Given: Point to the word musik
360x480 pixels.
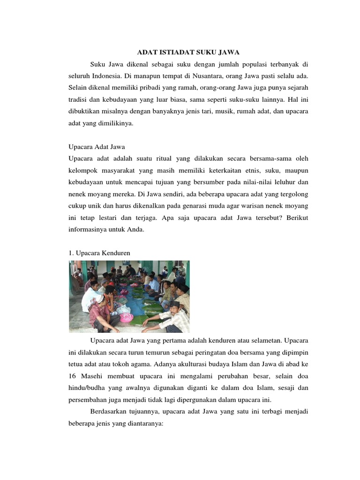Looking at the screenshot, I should coord(215,112).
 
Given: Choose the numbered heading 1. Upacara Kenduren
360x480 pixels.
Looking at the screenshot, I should coord(99,253).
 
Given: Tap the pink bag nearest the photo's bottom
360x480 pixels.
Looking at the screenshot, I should coord(127,317).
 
